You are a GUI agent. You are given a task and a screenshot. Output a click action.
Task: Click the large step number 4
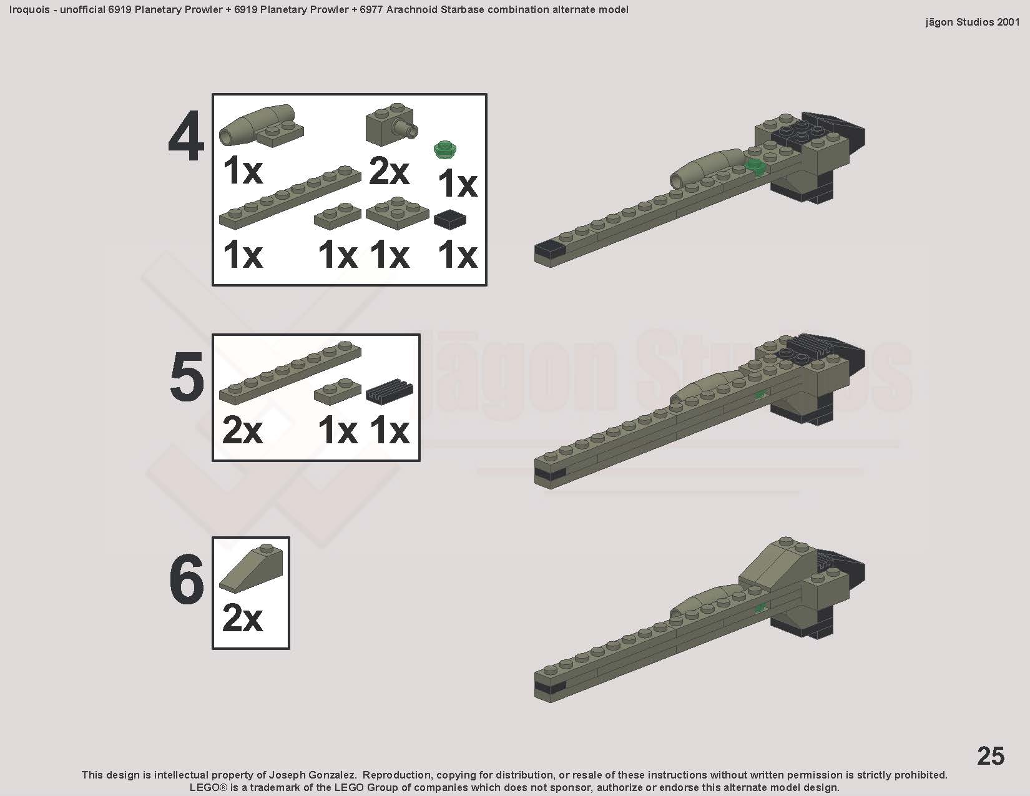pyautogui.click(x=186, y=137)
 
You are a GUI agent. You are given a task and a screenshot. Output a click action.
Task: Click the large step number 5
pyautogui.click(x=187, y=378)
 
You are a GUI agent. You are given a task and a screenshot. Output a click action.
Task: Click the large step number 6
pyautogui.click(x=187, y=579)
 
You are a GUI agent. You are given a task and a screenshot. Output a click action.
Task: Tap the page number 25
pyautogui.click(x=990, y=755)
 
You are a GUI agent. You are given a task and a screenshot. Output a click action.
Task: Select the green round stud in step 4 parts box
pyautogui.click(x=445, y=149)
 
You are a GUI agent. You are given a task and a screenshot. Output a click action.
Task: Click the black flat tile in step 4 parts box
pyautogui.click(x=450, y=219)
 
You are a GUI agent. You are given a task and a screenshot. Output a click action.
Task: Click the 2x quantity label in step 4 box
pyautogui.click(x=389, y=172)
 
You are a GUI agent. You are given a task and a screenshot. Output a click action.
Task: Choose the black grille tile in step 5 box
pyautogui.click(x=390, y=391)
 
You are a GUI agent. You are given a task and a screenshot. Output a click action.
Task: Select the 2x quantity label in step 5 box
pyautogui.click(x=242, y=431)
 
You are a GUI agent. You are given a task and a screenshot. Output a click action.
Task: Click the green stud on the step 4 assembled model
pyautogui.click(x=755, y=167)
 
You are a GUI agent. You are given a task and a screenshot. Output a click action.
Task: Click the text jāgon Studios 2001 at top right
pyautogui.click(x=972, y=22)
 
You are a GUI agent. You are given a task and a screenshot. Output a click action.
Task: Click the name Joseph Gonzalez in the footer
pyautogui.click(x=312, y=775)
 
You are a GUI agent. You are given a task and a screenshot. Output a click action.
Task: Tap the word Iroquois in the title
pyautogui.click(x=29, y=9)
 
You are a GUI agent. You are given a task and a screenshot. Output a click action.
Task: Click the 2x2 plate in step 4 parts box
pyautogui.click(x=398, y=214)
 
